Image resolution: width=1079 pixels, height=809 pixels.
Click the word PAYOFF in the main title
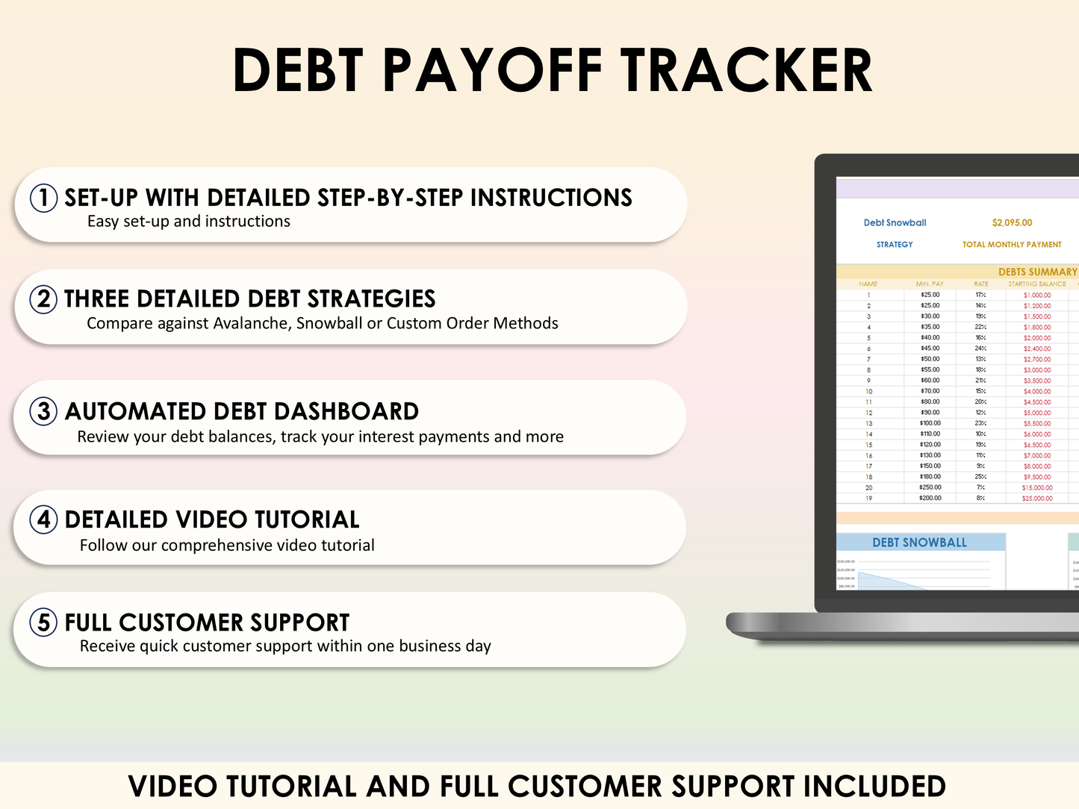pos(494,71)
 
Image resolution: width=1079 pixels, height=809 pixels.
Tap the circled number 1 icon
pos(43,198)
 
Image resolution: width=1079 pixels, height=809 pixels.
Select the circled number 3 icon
pos(43,411)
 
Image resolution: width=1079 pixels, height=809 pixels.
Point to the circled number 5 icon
pos(43,622)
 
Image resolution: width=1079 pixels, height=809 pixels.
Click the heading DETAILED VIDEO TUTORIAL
pos(212,519)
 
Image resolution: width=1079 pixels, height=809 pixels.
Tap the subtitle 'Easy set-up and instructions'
pos(189,222)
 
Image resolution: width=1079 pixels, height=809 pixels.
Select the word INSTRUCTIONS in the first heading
pos(551,198)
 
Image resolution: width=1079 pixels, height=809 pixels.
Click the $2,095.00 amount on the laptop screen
pos(1012,222)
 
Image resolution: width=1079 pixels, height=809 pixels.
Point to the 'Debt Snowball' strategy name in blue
pos(895,222)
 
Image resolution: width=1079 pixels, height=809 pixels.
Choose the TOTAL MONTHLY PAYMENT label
pos(1012,244)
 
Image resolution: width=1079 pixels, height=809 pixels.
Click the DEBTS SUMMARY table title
pos(1037,272)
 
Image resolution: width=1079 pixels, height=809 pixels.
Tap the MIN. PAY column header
pos(930,284)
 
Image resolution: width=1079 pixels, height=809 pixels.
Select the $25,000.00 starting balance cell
pos(1037,499)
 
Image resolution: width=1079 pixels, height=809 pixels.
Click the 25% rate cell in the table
pos(980,477)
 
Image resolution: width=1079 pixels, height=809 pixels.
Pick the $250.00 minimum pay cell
pos(930,487)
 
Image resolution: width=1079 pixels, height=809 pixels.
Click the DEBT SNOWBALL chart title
pos(919,543)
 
